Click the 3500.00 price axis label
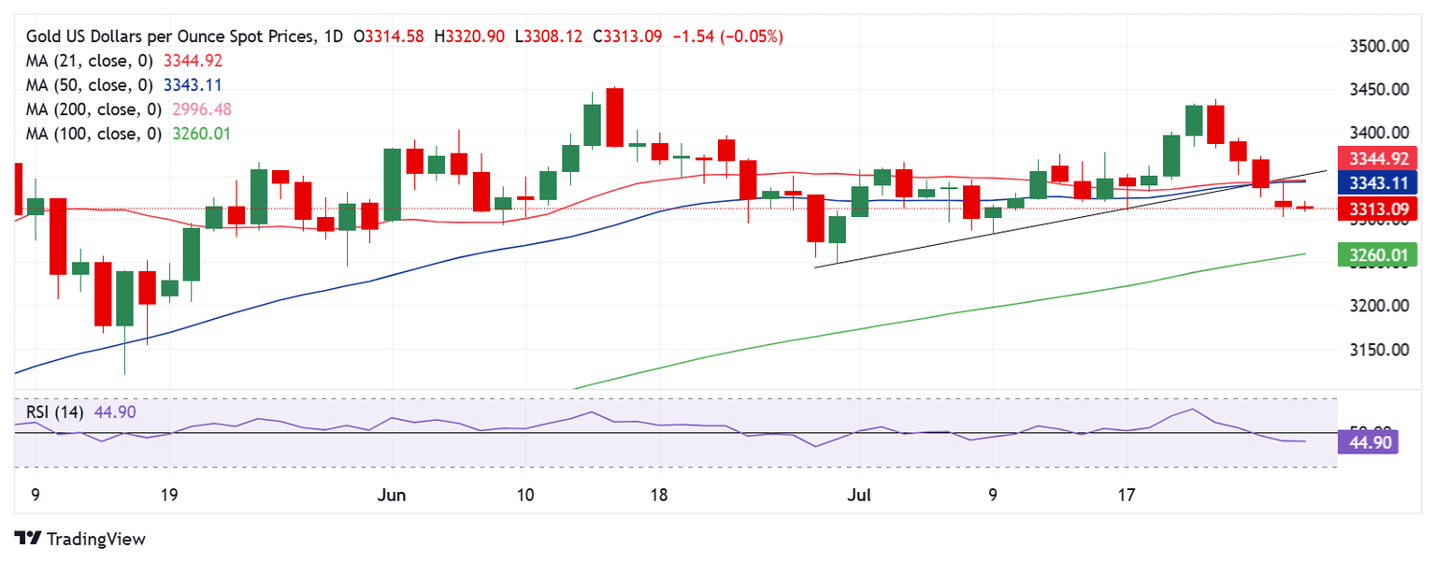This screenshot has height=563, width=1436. (1382, 46)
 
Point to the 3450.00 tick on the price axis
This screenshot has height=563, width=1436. (1382, 90)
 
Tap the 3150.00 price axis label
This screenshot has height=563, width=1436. (1382, 350)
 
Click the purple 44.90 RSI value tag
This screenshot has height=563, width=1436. (1368, 441)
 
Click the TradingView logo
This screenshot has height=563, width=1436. (80, 539)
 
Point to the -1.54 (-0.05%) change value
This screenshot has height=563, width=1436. (725, 36)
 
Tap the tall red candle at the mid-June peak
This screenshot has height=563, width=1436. (614, 117)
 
